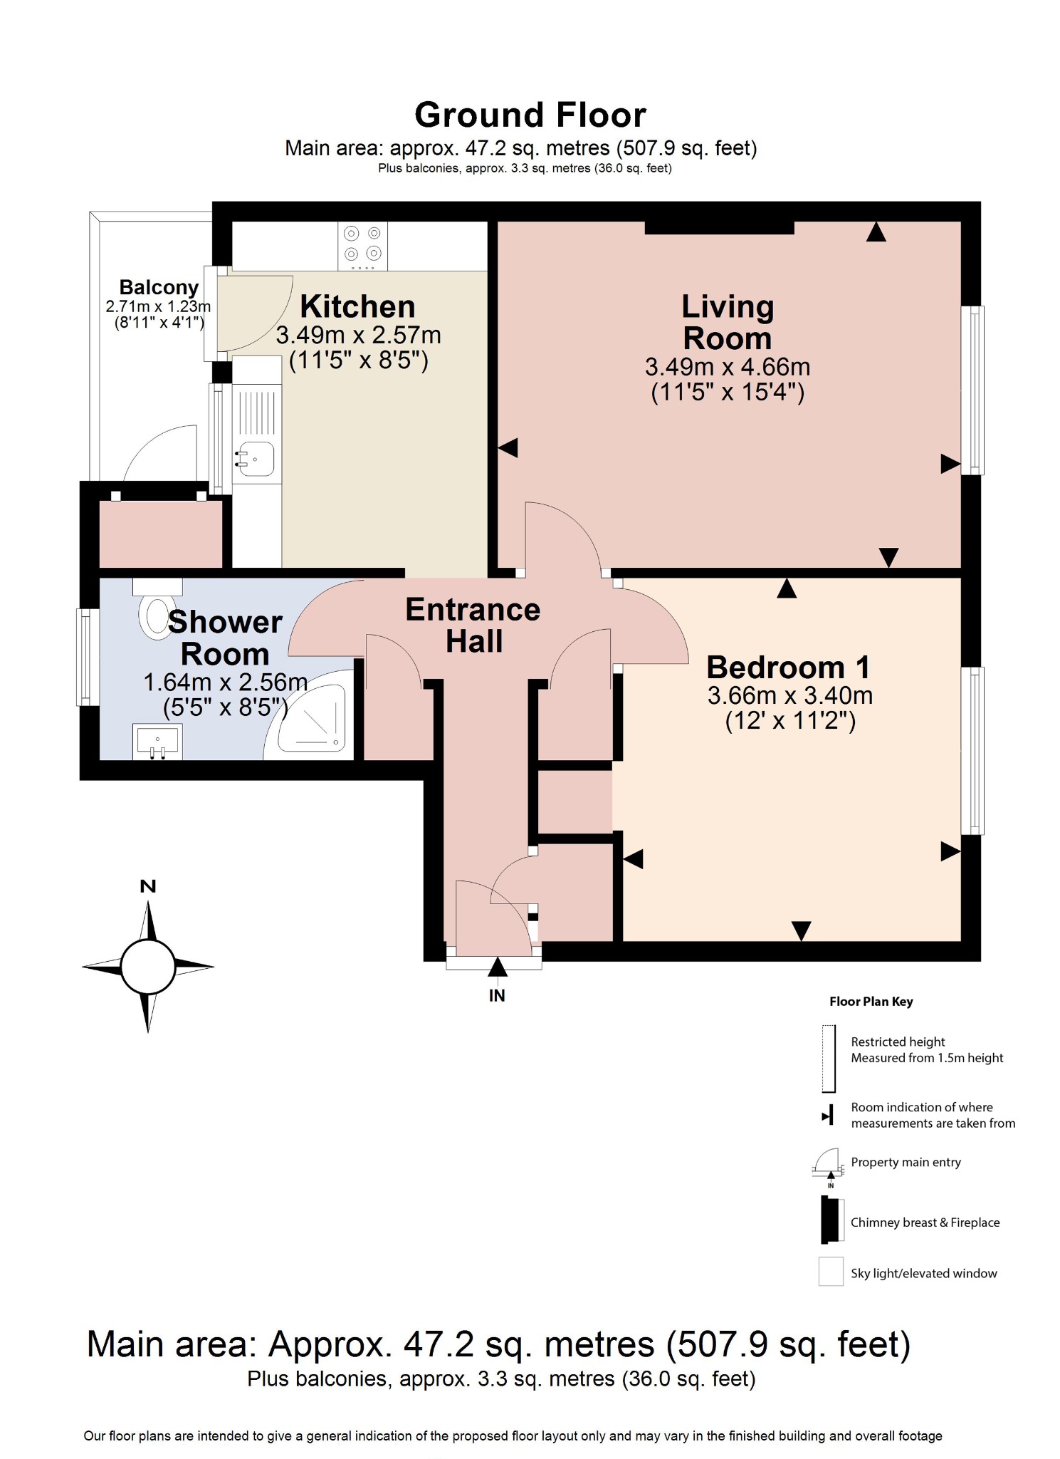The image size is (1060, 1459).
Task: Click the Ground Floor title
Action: click(x=530, y=115)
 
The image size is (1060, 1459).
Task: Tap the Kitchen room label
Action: click(x=357, y=306)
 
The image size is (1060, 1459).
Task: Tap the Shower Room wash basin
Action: click(x=157, y=741)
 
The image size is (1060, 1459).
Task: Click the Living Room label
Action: click(x=727, y=323)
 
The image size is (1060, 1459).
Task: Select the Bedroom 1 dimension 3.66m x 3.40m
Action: click(x=789, y=695)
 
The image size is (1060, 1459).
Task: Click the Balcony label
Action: click(x=159, y=287)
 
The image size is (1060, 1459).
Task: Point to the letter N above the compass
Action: click(x=148, y=886)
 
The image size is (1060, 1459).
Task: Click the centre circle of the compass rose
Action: click(x=148, y=967)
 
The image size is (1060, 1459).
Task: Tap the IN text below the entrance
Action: click(x=497, y=995)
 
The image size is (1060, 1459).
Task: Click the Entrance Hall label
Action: click(x=473, y=625)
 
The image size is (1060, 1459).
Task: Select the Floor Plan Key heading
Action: click(x=871, y=1001)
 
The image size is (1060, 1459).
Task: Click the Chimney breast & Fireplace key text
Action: click(x=925, y=1222)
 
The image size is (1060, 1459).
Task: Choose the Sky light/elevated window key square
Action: click(x=830, y=1272)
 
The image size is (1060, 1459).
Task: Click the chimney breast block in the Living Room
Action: click(x=719, y=227)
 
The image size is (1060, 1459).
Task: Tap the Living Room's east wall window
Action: click(x=972, y=390)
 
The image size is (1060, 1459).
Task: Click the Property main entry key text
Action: click(x=906, y=1162)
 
